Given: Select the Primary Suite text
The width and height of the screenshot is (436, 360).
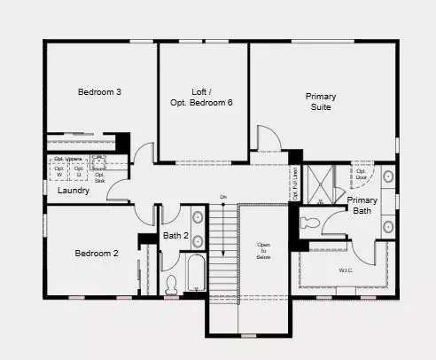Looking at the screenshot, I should (x=321, y=101).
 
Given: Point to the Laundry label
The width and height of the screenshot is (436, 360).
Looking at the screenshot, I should (x=74, y=191).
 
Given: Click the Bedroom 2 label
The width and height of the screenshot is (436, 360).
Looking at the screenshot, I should (x=97, y=254).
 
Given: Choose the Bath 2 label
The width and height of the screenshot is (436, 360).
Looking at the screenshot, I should (x=175, y=236).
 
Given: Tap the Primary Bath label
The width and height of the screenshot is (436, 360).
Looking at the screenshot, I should (x=362, y=206).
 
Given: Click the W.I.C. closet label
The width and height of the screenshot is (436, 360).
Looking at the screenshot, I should (x=346, y=270).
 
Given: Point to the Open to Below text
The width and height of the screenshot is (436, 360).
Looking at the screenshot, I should (x=264, y=251).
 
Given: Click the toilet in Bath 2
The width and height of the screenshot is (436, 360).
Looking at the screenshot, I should (x=174, y=285).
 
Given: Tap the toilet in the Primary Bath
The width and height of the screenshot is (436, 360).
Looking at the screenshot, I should (x=311, y=221).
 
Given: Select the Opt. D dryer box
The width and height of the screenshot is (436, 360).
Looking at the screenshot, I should (x=79, y=169).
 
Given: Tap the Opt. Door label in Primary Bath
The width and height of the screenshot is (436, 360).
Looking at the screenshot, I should (x=362, y=173).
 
